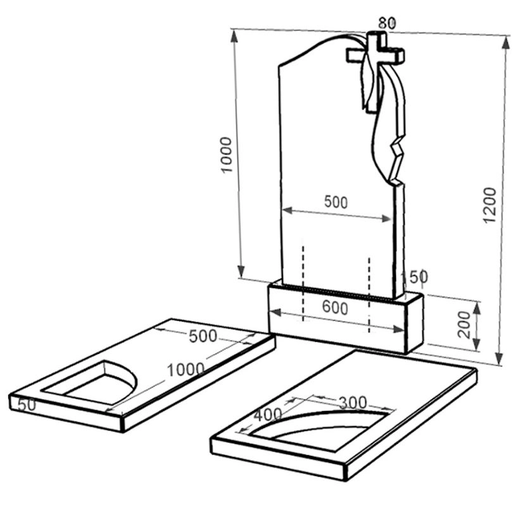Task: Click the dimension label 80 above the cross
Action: pyautogui.click(x=387, y=23)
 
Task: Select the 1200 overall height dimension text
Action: pyautogui.click(x=490, y=205)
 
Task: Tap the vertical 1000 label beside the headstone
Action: pyautogui.click(x=226, y=154)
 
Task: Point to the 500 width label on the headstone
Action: pyautogui.click(x=336, y=202)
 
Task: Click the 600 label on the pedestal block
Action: pyautogui.click(x=334, y=308)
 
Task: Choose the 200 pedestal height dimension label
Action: pyautogui.click(x=464, y=325)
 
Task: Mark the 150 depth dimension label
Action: pyautogui.click(x=415, y=277)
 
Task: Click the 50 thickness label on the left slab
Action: pyautogui.click(x=27, y=405)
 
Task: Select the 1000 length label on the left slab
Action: pyautogui.click(x=186, y=370)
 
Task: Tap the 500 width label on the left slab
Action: pyautogui.click(x=203, y=336)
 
